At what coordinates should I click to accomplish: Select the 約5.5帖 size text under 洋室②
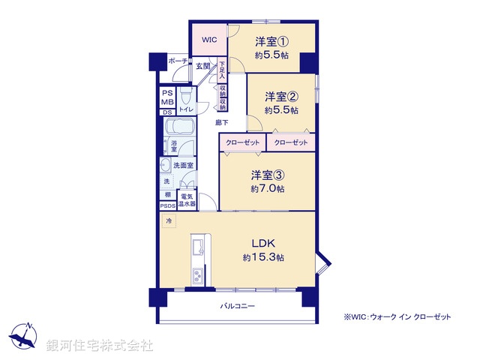click(x=282, y=110)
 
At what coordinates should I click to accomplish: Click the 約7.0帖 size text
click(x=268, y=189)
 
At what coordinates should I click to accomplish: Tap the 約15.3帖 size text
click(x=262, y=258)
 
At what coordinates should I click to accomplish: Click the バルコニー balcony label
click(x=238, y=306)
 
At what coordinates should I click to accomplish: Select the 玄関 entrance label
click(x=203, y=67)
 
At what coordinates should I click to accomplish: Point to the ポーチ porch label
click(x=177, y=61)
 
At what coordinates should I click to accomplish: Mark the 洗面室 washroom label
click(x=184, y=165)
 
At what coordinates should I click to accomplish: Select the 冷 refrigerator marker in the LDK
click(x=169, y=222)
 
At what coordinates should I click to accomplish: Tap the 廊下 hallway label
click(x=222, y=121)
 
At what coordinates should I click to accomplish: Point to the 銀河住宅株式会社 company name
click(x=100, y=346)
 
